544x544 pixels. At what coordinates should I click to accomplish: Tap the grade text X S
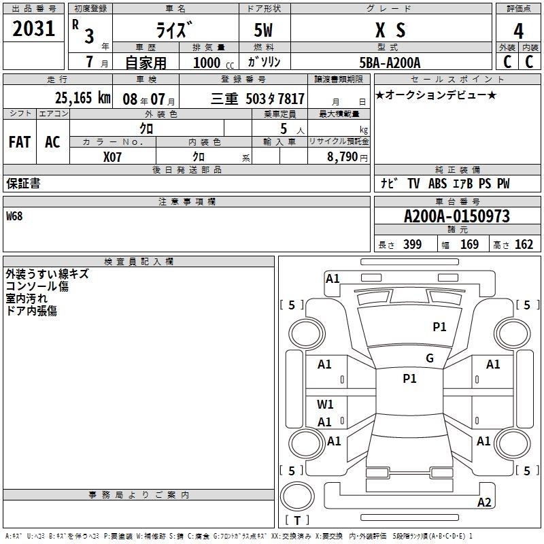[x=390, y=30]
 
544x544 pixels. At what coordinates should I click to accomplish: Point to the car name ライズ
[x=175, y=30]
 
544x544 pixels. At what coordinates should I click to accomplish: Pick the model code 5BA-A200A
[x=390, y=63]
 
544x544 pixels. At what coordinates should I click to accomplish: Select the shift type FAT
[x=20, y=142]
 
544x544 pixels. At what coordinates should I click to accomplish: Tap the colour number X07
[x=112, y=156]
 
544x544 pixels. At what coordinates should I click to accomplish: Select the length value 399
[x=412, y=245]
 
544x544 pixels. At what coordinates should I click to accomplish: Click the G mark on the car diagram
[x=430, y=358]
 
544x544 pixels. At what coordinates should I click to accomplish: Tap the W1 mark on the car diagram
[x=325, y=405]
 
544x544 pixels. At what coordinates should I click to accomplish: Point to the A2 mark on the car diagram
[x=484, y=503]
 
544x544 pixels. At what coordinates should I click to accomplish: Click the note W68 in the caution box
[x=15, y=216]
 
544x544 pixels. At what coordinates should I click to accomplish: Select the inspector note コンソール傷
[x=37, y=286]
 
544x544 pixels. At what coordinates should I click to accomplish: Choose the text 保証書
[x=23, y=184]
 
